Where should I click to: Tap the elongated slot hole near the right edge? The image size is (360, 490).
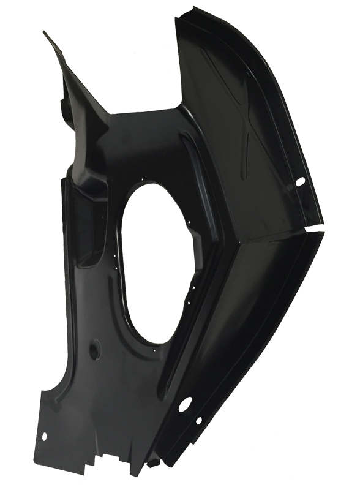(300, 182)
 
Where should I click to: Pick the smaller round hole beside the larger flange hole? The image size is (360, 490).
(198, 420)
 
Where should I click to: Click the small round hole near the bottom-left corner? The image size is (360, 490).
(43, 436)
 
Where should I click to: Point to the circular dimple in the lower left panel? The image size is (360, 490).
(94, 350)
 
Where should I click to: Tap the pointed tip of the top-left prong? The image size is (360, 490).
(45, 32)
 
